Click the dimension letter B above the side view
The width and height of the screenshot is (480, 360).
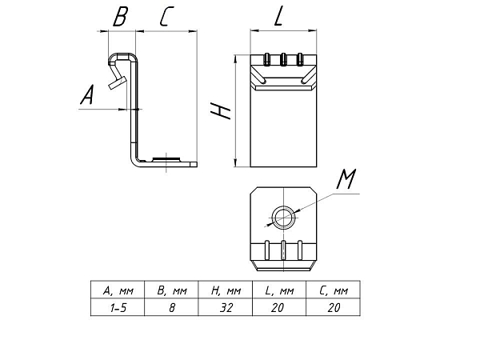120,17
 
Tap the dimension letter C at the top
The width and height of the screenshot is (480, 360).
166,17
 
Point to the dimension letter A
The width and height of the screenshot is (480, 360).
87,95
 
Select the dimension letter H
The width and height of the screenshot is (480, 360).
221,110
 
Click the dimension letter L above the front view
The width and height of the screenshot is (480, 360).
278,17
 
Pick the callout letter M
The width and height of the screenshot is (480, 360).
346,179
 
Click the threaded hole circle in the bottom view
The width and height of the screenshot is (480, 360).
285,218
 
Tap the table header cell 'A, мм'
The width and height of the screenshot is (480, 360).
118,290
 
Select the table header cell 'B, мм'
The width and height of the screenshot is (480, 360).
172,290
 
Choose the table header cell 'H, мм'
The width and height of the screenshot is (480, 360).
226,290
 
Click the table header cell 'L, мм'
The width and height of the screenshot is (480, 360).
279,290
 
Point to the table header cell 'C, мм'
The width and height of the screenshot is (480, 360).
334,290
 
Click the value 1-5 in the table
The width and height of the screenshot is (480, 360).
118,308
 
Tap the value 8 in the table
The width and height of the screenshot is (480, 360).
172,308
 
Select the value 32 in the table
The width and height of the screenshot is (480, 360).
226,308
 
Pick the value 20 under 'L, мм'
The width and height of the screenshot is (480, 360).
278,308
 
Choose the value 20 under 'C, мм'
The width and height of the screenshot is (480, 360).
334,308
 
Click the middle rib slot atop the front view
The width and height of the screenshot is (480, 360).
283,60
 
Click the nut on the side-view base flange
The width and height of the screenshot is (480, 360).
166,159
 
